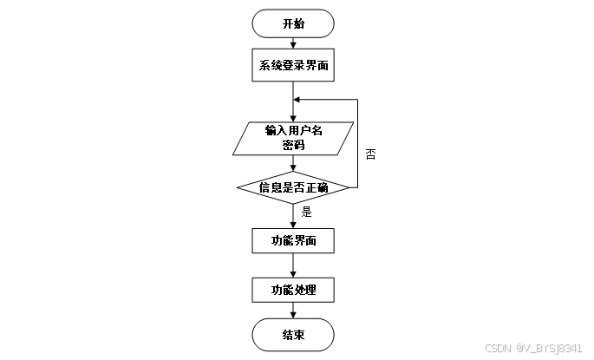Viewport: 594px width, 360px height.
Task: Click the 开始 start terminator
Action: pyautogui.click(x=293, y=23)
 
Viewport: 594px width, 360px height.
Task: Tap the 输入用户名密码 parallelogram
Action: pyautogui.click(x=293, y=138)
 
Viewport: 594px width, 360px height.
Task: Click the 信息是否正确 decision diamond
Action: pyautogui.click(x=293, y=187)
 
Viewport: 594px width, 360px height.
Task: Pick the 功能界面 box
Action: pyautogui.click(x=293, y=240)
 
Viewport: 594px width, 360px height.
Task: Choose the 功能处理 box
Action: pyautogui.click(x=293, y=289)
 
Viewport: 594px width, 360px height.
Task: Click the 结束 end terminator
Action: pyautogui.click(x=293, y=334)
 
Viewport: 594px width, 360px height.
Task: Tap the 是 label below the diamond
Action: pyautogui.click(x=306, y=211)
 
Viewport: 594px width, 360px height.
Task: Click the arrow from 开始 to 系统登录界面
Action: pyautogui.click(x=293, y=43)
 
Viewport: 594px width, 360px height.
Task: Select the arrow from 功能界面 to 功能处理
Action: pyautogui.click(x=293, y=265)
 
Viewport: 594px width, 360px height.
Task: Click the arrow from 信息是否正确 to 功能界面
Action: pyautogui.click(x=293, y=215)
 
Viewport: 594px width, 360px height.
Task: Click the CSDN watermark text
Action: pyautogui.click(x=532, y=348)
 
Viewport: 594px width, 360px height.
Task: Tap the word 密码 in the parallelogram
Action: pyautogui.click(x=293, y=146)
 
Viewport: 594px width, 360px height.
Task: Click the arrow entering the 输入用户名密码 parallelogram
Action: pyautogui.click(x=293, y=111)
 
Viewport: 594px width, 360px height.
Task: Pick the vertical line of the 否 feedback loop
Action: pyautogui.click(x=357, y=143)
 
